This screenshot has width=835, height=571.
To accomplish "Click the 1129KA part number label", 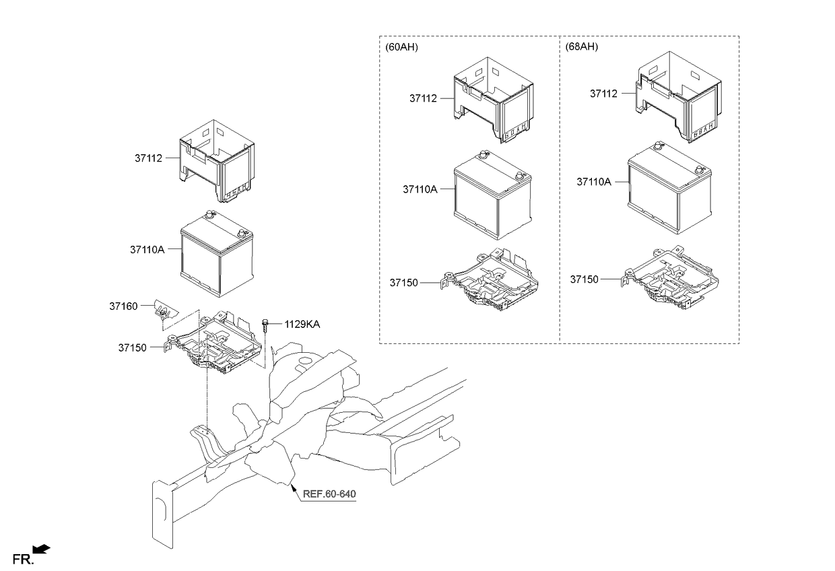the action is point(302,325).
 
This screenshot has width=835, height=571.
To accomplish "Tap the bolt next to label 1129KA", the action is point(265,325).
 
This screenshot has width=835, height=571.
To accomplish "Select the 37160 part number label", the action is point(123,306).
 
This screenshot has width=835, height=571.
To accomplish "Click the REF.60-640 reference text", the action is point(329,494).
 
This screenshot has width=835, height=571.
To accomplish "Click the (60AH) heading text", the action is point(401,47).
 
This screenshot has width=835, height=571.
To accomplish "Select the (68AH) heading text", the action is point(582,46).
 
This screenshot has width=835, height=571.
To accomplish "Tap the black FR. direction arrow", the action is point(41,549).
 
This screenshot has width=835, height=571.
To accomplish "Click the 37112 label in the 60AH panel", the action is point(423,98).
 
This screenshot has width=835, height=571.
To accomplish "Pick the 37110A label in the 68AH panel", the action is point(594,182).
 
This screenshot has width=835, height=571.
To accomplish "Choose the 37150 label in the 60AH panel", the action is point(404,283).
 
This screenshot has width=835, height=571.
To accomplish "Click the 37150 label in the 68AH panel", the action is point(584,279).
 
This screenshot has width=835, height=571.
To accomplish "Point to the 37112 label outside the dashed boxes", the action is point(148,158).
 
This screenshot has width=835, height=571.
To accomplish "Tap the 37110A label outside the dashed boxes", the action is point(147,249).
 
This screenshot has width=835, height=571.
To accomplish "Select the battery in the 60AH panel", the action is point(493,195).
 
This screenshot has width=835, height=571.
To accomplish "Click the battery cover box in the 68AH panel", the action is point(679,97).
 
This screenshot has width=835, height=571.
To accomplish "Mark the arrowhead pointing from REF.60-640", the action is point(293,486).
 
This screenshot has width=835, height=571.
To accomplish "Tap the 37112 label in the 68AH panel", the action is point(603,94).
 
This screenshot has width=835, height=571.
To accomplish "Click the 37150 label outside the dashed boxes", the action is point(133,347).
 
